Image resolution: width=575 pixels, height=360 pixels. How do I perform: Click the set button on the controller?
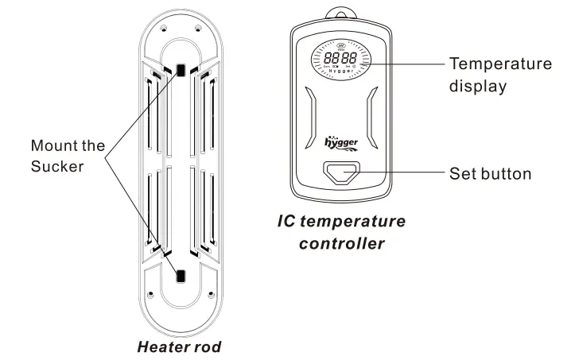coord(341,172)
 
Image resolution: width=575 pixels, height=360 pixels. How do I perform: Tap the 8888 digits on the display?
coord(340,59)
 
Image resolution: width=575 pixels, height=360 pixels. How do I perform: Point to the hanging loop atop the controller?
coord(341,11)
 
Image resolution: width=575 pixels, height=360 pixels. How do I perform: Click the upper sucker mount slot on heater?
coord(181,70)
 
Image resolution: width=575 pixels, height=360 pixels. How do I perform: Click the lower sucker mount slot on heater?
coord(181,277)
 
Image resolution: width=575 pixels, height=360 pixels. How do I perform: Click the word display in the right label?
coord(477,87)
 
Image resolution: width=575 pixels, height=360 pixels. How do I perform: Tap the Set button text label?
coord(490,173)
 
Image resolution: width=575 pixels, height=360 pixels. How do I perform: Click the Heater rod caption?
coord(178,346)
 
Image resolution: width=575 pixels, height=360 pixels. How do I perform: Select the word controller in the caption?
coord(342,243)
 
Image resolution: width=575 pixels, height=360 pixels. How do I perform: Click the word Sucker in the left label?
coord(56,166)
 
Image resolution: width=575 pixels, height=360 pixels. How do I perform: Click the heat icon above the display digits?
coord(340,45)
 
